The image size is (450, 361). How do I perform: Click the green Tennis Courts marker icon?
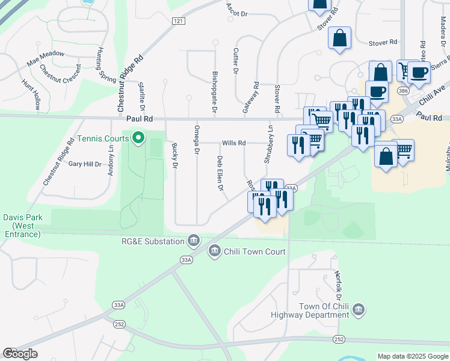coord(138,139)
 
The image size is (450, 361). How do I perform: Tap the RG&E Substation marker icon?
coord(194,241)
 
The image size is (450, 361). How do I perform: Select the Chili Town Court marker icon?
coord(215,251)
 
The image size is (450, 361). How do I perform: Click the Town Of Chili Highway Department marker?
coord(359,309)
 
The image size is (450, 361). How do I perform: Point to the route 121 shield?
coord(177,21)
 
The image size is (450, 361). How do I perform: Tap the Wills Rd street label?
coord(233,143)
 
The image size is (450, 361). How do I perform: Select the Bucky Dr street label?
coord(175,155)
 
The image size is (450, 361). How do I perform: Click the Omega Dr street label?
coord(196,140)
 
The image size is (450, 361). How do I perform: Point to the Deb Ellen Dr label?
coord(220,174)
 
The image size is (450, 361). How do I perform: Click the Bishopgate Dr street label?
coord(215,93)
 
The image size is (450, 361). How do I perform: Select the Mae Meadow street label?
coord(46,58)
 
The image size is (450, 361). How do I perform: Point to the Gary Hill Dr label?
coord(85,164)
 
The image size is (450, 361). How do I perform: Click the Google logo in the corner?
coord(20,354)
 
